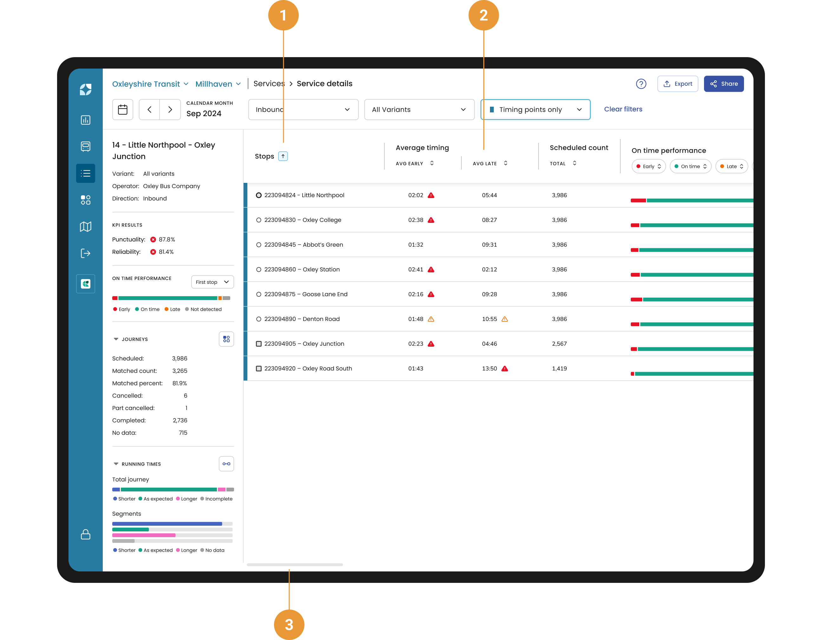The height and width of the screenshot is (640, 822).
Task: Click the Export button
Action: click(677, 83)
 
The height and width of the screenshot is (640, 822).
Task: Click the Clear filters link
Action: click(623, 109)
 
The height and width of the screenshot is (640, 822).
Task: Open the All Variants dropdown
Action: click(419, 110)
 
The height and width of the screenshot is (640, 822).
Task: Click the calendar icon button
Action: click(123, 110)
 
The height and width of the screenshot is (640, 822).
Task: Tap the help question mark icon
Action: click(641, 83)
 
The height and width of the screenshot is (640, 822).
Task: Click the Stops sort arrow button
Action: click(283, 156)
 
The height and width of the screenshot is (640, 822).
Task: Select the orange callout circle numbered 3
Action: click(289, 624)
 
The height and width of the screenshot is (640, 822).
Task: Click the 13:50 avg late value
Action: click(489, 368)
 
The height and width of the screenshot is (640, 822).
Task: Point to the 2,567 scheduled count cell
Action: click(559, 343)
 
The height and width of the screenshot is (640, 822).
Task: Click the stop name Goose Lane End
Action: click(324, 294)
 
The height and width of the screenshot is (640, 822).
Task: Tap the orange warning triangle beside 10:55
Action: click(505, 319)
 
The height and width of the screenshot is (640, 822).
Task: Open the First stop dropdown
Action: click(212, 282)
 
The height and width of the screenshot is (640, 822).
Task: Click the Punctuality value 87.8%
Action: click(167, 240)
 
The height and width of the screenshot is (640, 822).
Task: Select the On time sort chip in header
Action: click(690, 166)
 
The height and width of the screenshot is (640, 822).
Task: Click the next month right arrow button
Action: click(170, 110)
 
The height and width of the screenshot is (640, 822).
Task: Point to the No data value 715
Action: click(183, 433)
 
